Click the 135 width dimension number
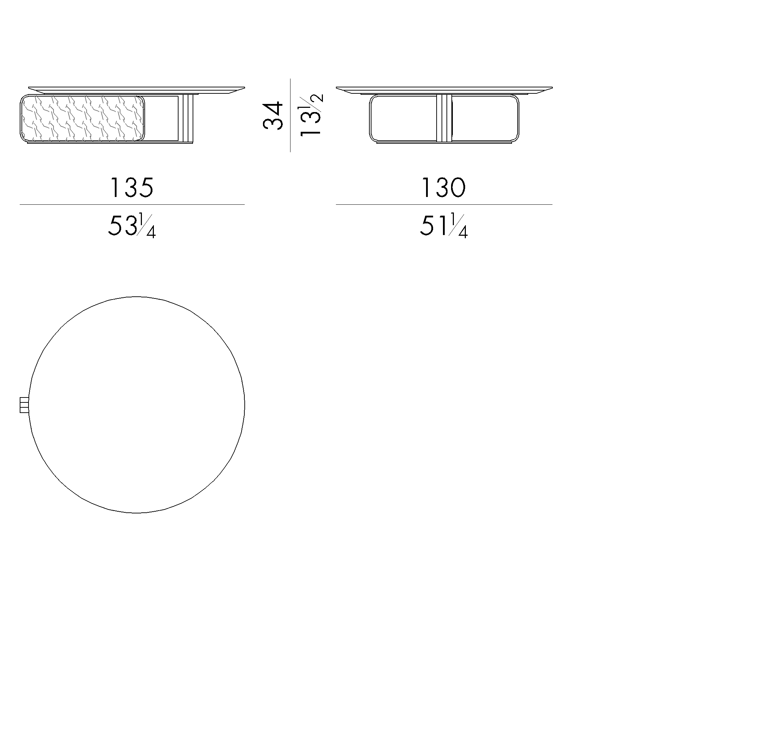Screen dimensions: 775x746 [131, 187]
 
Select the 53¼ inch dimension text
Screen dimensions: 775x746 [132, 226]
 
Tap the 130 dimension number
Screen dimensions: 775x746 [443, 187]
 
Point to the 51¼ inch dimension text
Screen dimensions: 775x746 [444, 226]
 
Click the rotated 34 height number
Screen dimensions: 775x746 [273, 116]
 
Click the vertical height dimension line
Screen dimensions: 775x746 [290, 115]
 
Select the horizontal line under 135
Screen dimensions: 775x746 [132, 205]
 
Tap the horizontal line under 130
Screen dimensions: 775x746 [444, 205]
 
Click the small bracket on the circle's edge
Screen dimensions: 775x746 [24, 405]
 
